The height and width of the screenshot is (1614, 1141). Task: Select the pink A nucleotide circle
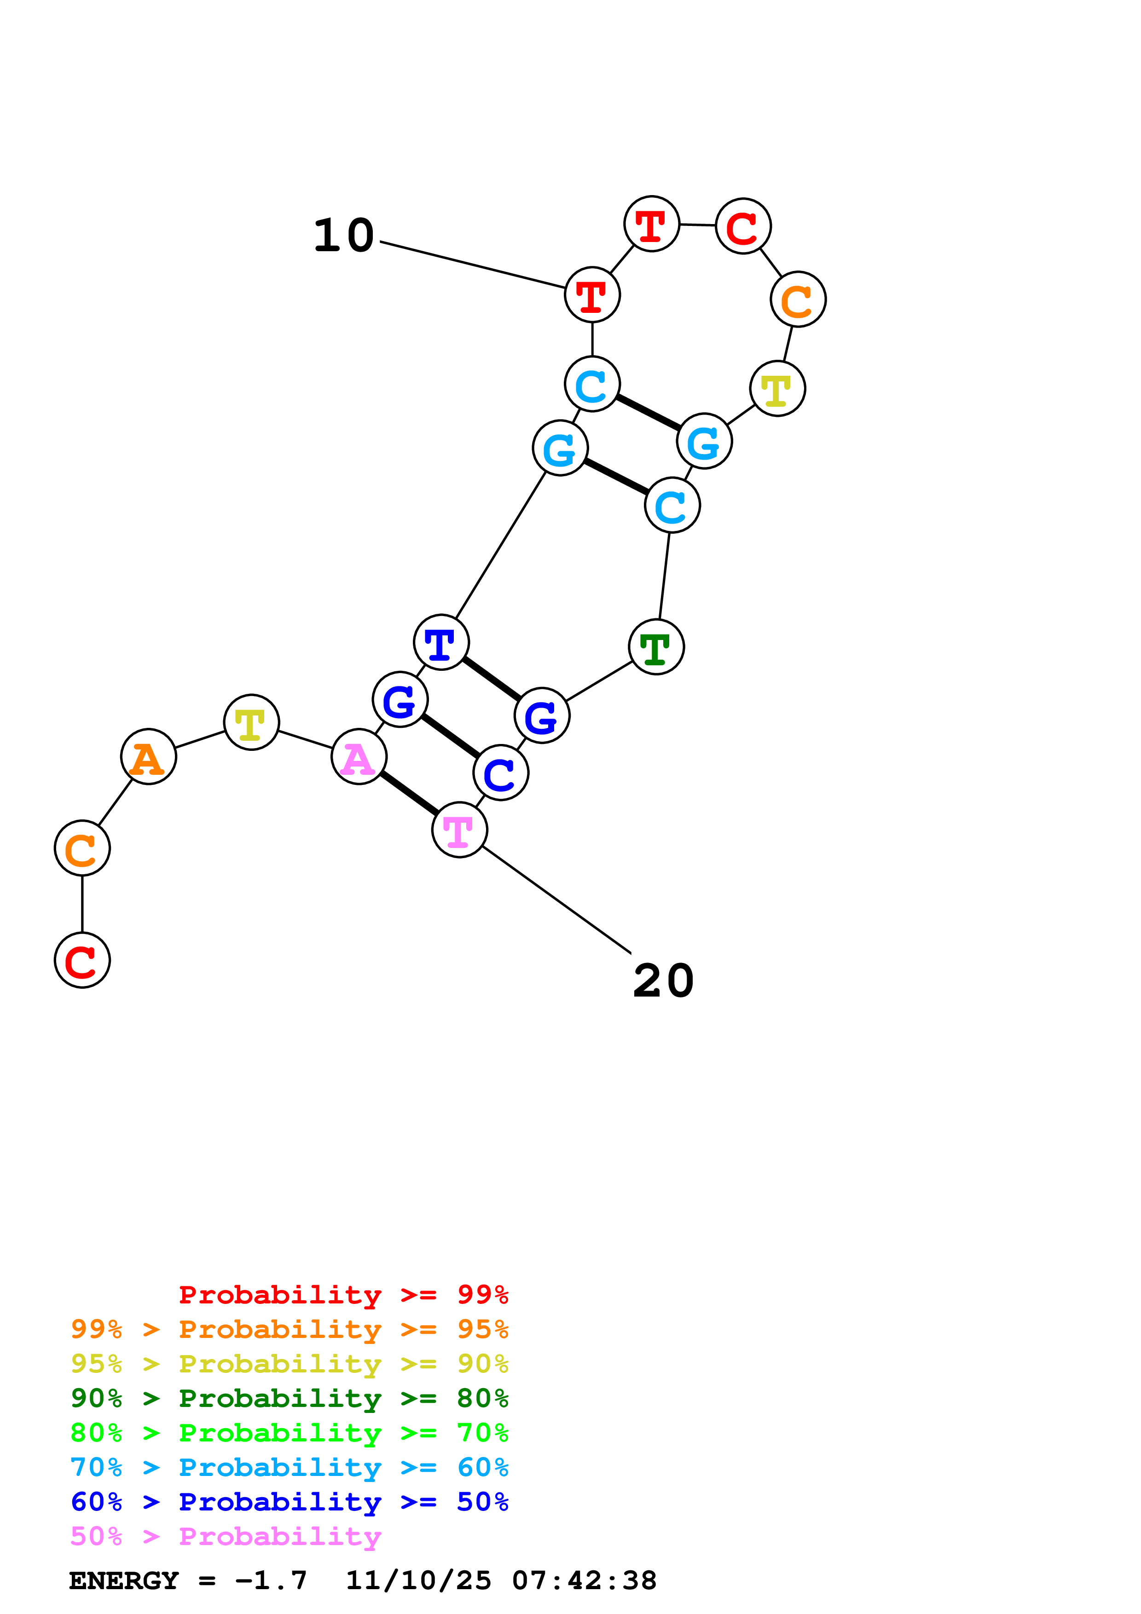[x=359, y=757]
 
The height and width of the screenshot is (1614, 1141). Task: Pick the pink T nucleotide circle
[x=459, y=830]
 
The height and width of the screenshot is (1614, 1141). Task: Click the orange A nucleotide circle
[x=148, y=757]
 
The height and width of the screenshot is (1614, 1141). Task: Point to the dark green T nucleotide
[x=656, y=647]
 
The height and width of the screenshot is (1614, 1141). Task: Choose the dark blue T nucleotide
[x=441, y=642]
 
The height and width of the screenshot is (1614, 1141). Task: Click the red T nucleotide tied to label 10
[x=592, y=295]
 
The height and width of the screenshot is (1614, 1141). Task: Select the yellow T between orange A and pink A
[x=251, y=723]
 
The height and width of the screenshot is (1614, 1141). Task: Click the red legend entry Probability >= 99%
[x=343, y=1295]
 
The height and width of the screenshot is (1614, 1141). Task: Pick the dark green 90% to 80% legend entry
[x=290, y=1398]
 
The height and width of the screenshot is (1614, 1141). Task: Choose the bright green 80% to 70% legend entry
[x=290, y=1433]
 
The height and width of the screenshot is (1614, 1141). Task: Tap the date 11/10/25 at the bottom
[x=418, y=1581]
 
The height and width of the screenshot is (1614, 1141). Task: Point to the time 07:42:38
[x=584, y=1581]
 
